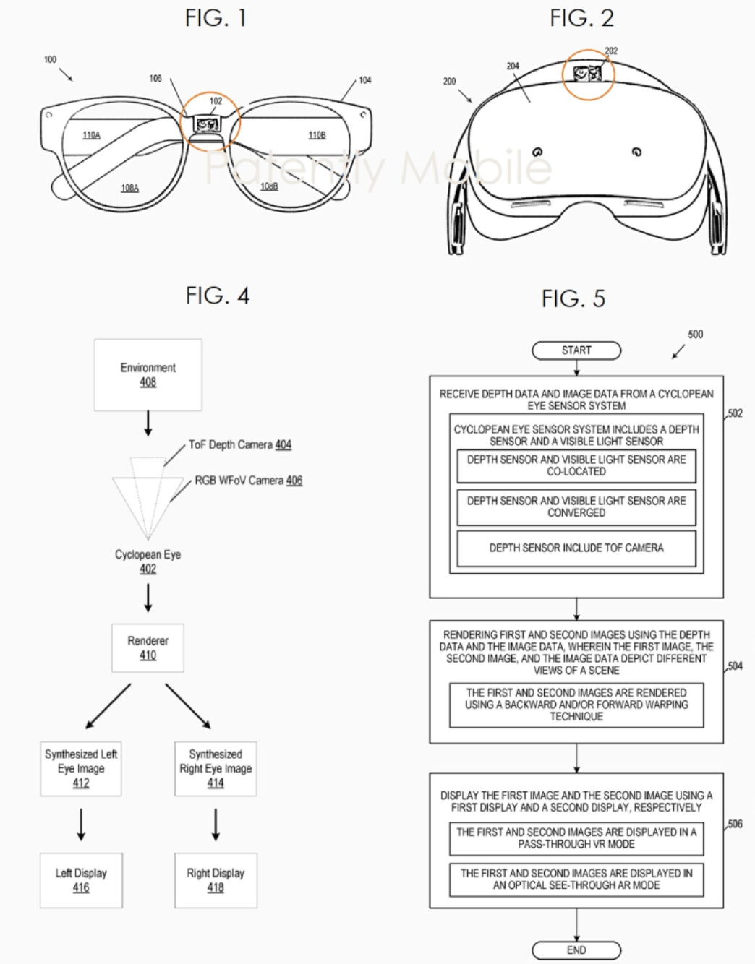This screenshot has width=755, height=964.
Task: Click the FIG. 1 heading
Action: (216, 18)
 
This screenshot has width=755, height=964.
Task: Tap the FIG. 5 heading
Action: (573, 298)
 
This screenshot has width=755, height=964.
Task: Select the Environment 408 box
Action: (148, 375)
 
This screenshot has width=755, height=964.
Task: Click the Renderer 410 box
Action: (148, 647)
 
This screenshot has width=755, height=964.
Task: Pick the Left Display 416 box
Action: (81, 880)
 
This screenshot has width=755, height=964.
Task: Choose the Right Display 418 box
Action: (216, 880)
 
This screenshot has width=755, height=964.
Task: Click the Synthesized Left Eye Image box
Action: (81, 769)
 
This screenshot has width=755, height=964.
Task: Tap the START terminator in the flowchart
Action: (576, 350)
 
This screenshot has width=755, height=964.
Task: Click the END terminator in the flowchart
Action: (576, 950)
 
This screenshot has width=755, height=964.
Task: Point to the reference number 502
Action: (735, 413)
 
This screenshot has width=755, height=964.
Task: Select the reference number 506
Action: (735, 824)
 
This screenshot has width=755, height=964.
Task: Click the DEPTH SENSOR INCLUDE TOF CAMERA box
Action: (576, 548)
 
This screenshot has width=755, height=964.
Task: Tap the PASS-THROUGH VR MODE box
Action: (576, 838)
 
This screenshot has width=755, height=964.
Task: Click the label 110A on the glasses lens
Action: (91, 135)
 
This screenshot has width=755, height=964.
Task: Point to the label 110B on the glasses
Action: (317, 135)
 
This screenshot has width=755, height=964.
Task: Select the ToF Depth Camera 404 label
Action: (240, 444)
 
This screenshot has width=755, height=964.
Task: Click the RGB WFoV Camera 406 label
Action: (249, 481)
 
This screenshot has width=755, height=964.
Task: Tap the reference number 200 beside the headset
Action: (449, 81)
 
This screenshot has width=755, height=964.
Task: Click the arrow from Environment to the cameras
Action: (148, 423)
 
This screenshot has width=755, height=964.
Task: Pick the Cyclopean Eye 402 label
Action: (148, 561)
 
